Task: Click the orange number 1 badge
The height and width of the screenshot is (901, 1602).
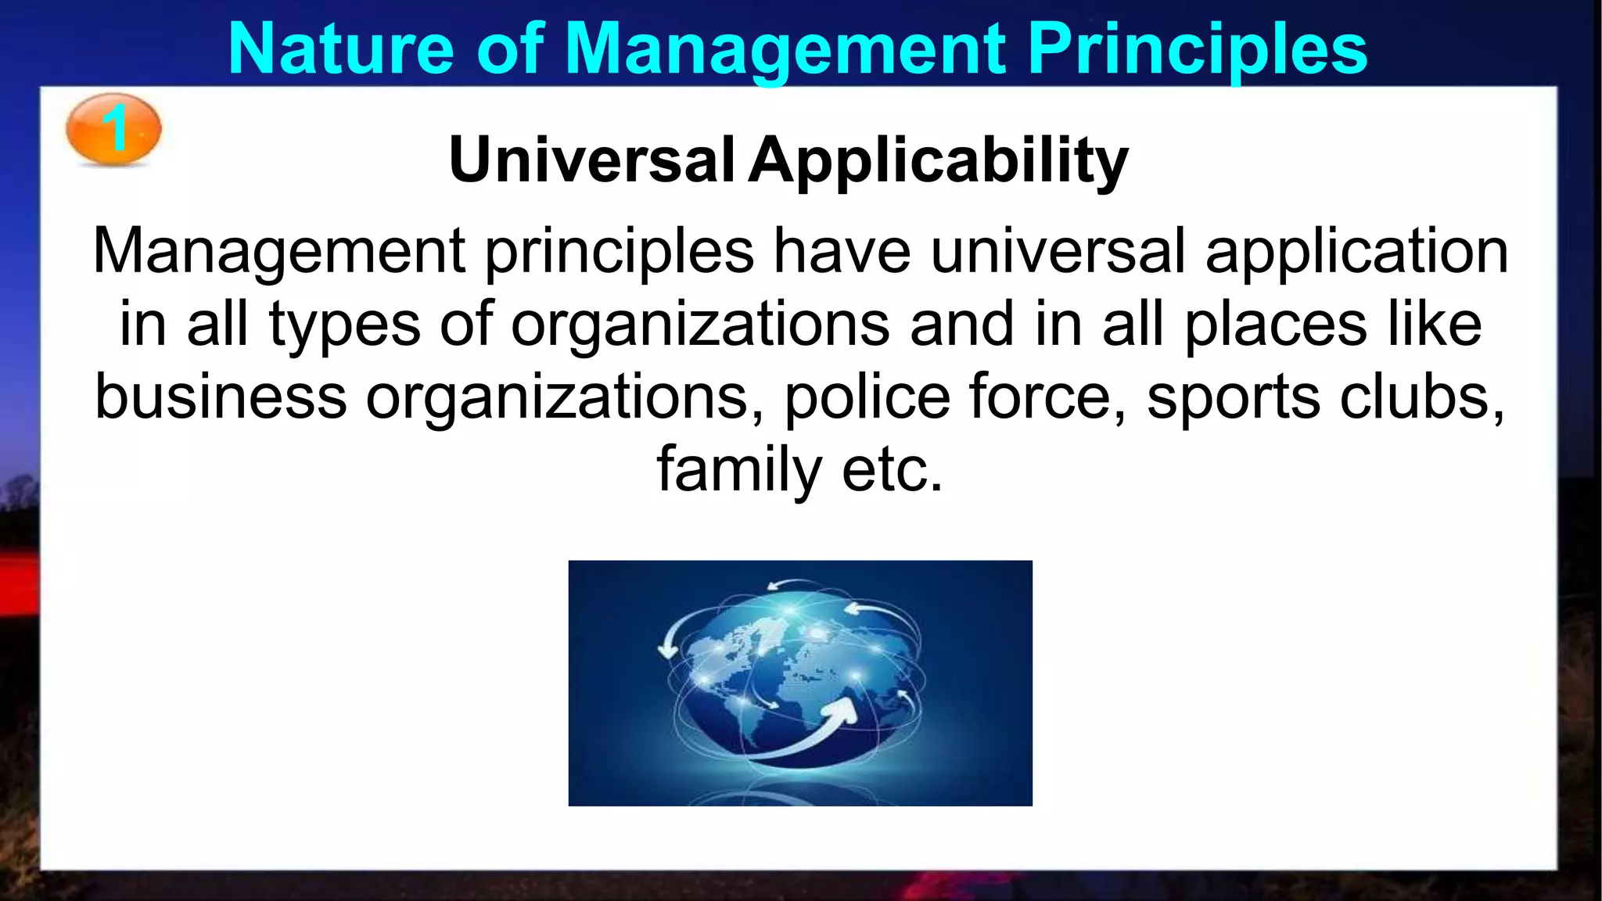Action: click(x=113, y=129)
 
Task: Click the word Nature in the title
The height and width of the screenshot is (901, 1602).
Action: click(x=341, y=48)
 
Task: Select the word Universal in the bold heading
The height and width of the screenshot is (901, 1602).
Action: click(x=591, y=160)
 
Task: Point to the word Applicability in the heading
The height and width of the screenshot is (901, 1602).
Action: click(x=938, y=160)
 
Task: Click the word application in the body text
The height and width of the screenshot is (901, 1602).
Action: click(x=1356, y=252)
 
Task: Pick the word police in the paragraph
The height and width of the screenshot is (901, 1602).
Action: click(x=867, y=397)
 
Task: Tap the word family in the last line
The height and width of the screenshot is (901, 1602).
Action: click(x=738, y=468)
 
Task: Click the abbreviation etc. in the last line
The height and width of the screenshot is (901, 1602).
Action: click(x=893, y=470)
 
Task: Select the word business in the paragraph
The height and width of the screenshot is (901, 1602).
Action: click(x=221, y=397)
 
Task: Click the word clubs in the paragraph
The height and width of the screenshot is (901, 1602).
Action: click(x=1421, y=397)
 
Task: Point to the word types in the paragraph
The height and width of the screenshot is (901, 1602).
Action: click(x=344, y=325)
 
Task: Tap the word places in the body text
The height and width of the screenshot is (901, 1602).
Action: click(x=1275, y=325)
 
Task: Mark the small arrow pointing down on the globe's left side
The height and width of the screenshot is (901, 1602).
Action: click(x=667, y=648)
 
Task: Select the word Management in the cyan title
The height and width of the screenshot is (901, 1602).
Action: click(x=785, y=48)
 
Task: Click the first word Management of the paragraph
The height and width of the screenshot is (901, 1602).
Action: click(x=279, y=252)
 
